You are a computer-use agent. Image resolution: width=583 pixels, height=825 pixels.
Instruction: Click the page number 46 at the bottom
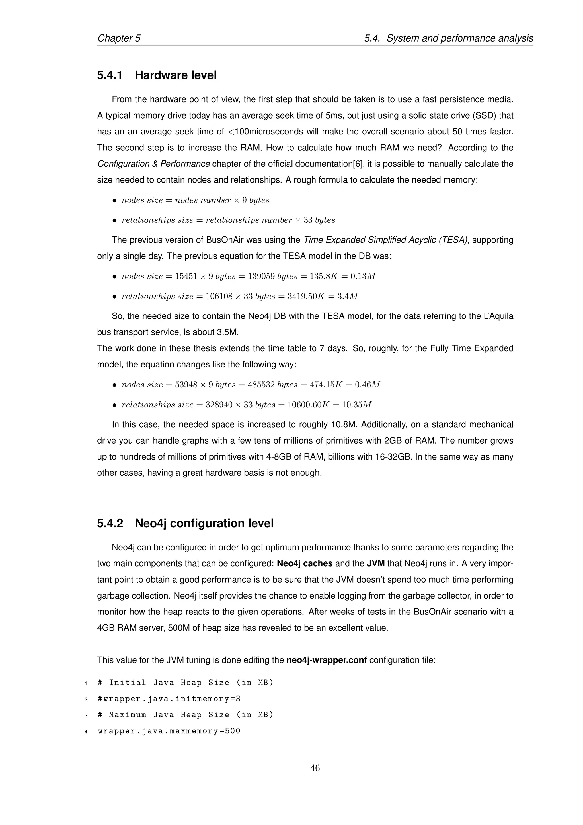(315, 768)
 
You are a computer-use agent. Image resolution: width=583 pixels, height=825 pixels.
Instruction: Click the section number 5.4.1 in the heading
(110, 75)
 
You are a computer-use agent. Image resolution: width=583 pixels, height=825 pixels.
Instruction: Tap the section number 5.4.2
(110, 523)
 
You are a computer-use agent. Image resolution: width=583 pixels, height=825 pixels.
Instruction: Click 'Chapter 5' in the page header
(119, 38)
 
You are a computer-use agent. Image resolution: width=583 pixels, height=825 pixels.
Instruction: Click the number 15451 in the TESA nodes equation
(186, 276)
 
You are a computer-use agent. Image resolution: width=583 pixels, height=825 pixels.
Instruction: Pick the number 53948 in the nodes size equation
(186, 385)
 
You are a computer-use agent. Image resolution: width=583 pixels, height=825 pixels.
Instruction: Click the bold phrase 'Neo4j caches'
(305, 563)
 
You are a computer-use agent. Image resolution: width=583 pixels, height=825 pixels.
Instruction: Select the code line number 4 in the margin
(86, 731)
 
